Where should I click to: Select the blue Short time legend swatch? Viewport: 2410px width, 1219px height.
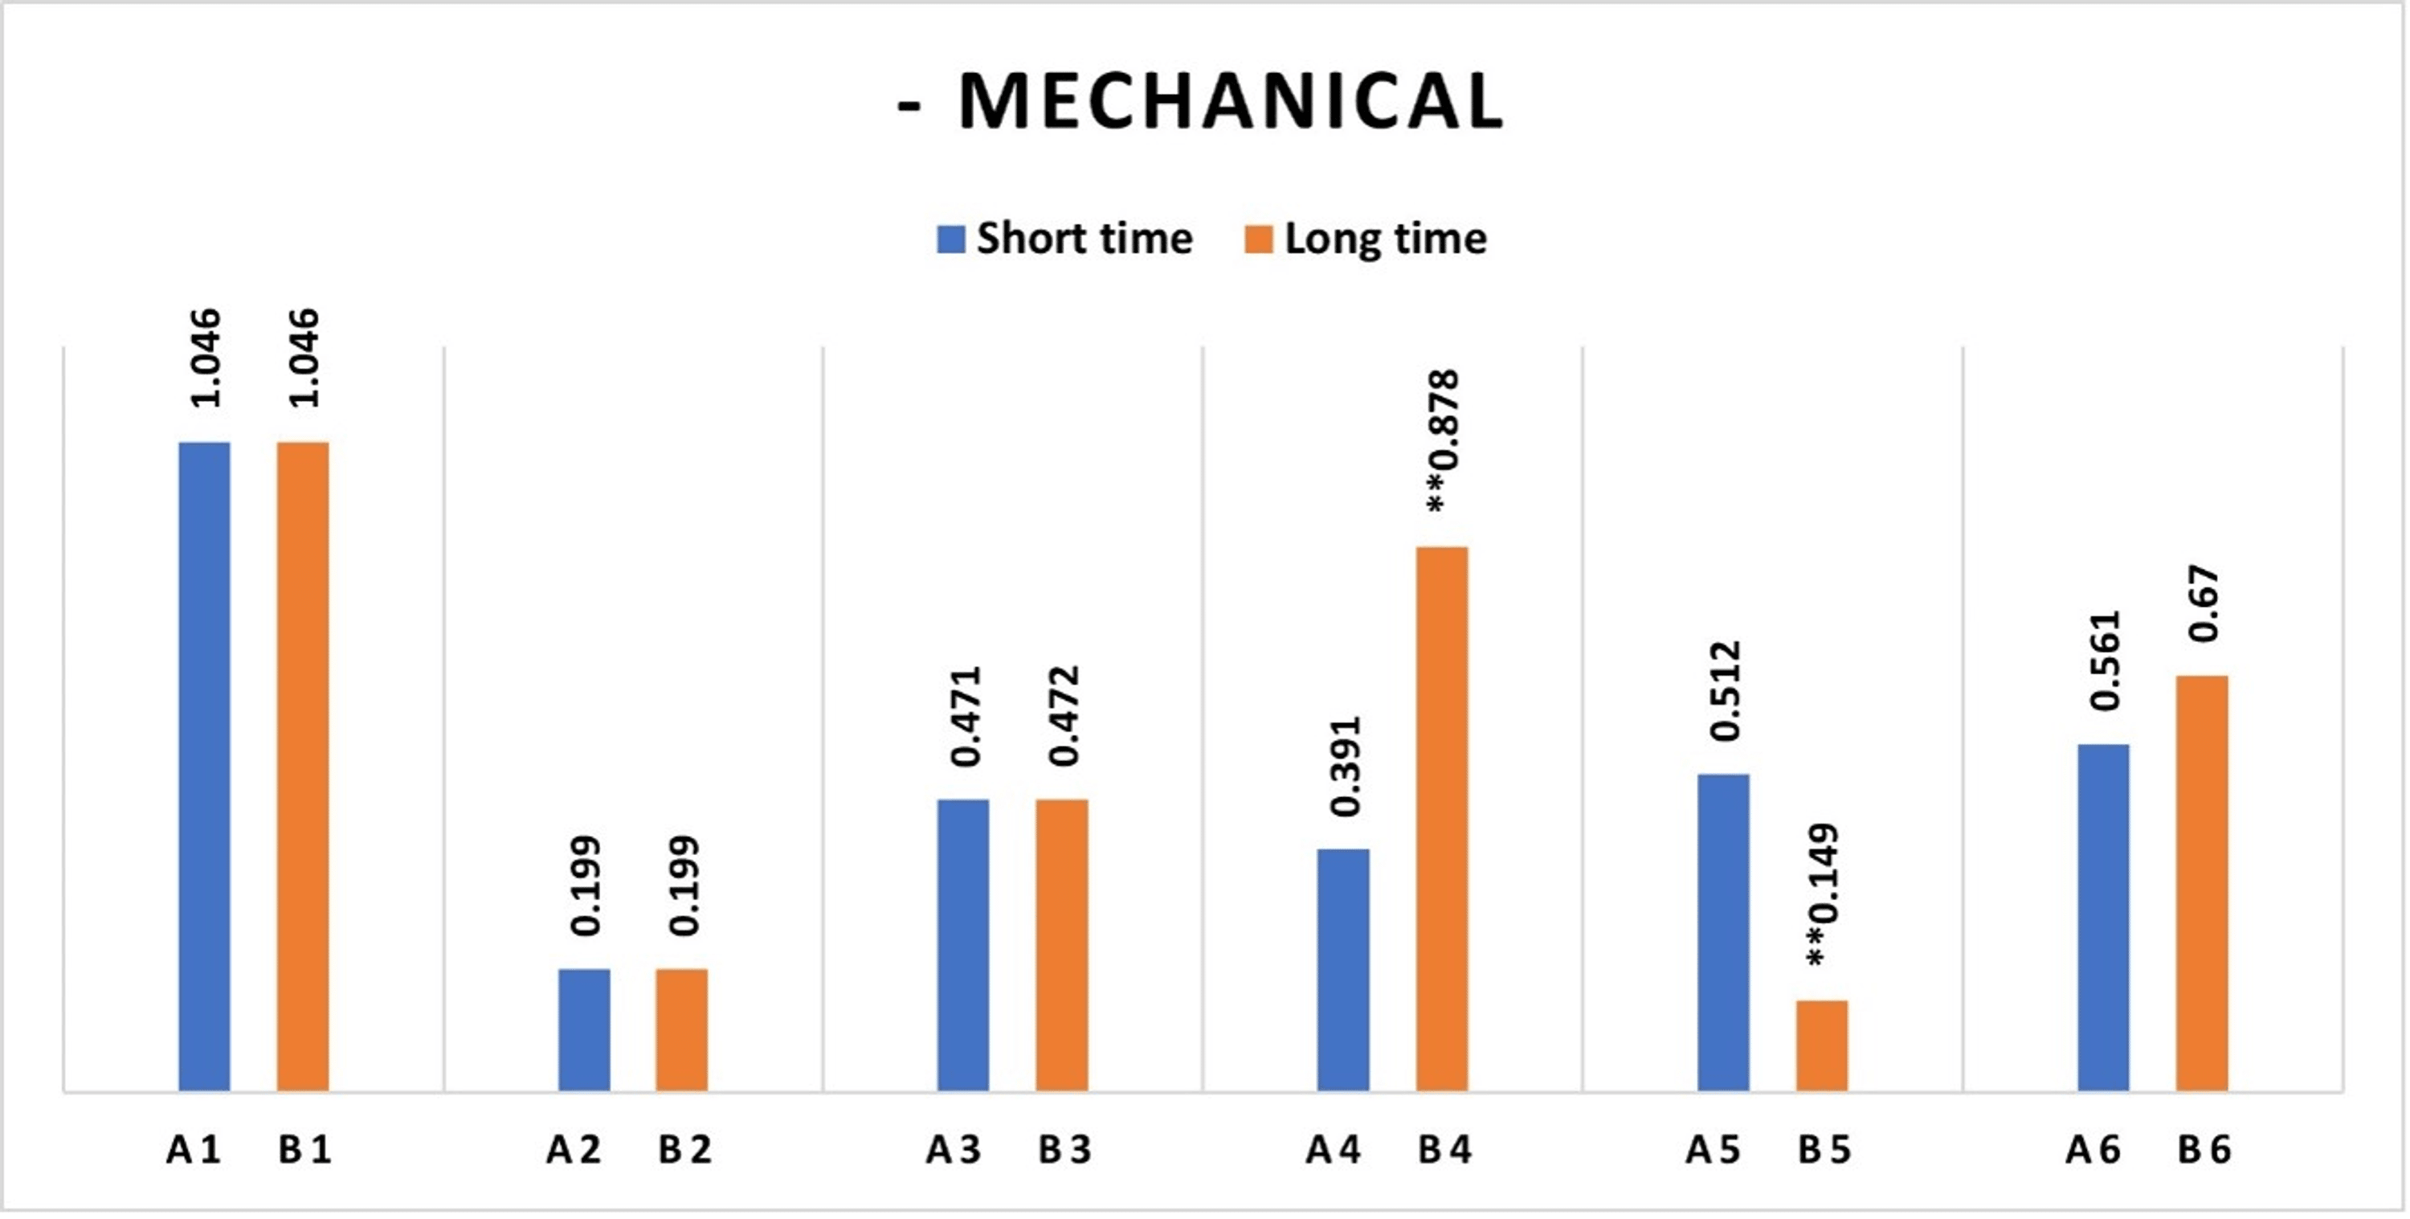point(950,239)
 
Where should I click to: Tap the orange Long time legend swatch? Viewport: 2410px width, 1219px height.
point(1258,239)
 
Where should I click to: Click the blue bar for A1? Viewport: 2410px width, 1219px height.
point(204,767)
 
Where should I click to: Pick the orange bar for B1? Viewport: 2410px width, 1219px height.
point(302,767)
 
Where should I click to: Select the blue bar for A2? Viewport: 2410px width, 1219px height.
point(584,1030)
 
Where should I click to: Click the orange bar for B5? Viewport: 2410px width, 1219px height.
point(1821,1046)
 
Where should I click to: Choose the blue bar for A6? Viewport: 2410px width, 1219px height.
point(2103,918)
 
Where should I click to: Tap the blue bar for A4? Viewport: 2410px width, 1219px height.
point(1342,970)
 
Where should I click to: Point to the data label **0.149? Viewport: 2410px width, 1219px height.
point(1821,895)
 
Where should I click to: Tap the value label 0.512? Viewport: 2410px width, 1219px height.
point(1724,691)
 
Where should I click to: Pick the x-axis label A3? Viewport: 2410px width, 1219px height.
point(954,1150)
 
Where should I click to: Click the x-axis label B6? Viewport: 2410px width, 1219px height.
point(2204,1150)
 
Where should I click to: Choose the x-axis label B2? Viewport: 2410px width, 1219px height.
point(684,1150)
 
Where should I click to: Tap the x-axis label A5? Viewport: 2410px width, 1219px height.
point(1713,1150)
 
